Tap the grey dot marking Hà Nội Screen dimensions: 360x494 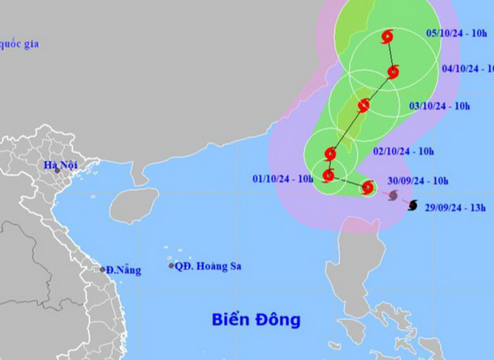[x=58, y=171]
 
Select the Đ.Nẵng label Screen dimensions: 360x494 [x=123, y=270]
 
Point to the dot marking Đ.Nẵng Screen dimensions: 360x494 [x=102, y=270]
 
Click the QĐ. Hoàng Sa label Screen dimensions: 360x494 [x=208, y=266]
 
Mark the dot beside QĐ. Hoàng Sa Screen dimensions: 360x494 [x=171, y=265]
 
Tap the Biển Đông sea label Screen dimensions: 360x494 [x=255, y=319]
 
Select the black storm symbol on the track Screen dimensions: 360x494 [x=412, y=206]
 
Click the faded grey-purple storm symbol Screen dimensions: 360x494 [x=393, y=195]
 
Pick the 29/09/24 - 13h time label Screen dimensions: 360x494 [x=454, y=208]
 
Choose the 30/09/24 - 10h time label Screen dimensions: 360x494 [x=418, y=180]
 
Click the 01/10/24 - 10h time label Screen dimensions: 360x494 [x=283, y=178]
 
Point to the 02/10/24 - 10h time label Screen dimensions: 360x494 [x=403, y=151]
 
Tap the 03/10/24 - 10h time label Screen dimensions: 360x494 [x=439, y=106]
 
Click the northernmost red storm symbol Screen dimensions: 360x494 [x=387, y=37]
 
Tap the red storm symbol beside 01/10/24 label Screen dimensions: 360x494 [x=328, y=175]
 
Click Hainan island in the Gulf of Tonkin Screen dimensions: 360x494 [x=134, y=205]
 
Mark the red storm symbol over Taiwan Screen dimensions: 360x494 [x=363, y=106]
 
